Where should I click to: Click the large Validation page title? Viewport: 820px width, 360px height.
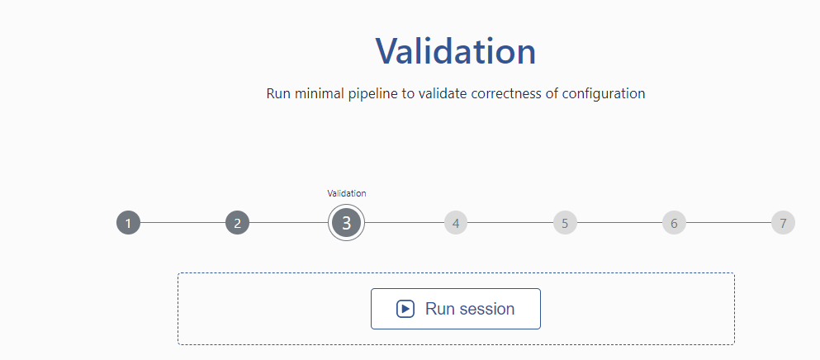click(x=456, y=50)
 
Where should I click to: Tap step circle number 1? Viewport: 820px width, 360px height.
click(x=128, y=223)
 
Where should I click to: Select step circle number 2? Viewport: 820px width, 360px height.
click(x=238, y=223)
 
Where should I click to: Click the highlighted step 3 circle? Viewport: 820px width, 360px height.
click(x=346, y=223)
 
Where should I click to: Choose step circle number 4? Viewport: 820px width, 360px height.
click(x=456, y=223)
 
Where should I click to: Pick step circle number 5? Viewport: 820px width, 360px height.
click(x=565, y=223)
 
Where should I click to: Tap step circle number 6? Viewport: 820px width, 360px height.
click(x=674, y=223)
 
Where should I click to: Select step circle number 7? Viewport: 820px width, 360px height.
click(x=783, y=223)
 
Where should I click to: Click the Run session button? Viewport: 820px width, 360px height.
click(x=456, y=309)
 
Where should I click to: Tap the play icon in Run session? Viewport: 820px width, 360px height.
click(x=405, y=309)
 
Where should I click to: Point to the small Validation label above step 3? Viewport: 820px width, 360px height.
click(x=346, y=193)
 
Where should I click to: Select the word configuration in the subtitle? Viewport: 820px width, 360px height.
click(x=604, y=93)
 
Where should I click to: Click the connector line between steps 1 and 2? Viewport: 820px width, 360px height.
click(x=183, y=223)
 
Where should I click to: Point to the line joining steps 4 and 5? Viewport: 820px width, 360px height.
click(x=510, y=223)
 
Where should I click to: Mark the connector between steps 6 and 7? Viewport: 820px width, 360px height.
click(x=728, y=223)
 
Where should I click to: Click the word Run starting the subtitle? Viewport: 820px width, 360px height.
click(x=279, y=93)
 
